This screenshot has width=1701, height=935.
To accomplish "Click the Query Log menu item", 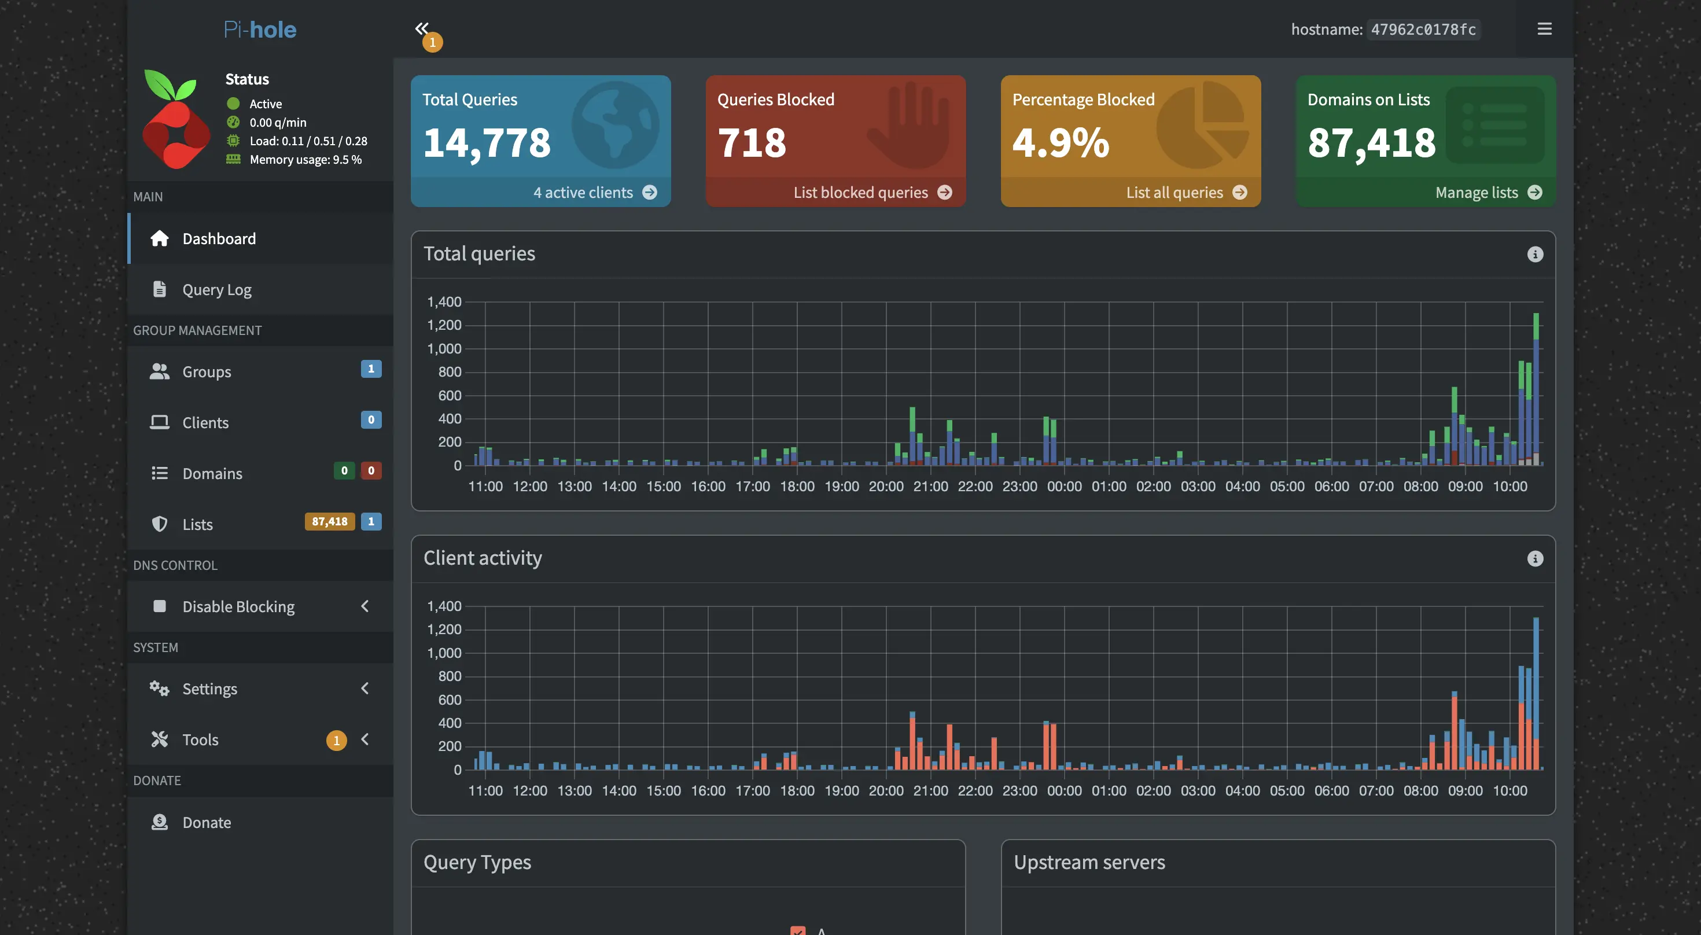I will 216,290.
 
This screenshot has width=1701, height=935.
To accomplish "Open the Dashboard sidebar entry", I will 219,239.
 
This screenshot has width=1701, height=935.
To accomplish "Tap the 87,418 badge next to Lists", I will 330,522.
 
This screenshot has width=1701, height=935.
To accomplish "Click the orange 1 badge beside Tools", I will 336,740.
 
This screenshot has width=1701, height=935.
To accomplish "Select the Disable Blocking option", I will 238,607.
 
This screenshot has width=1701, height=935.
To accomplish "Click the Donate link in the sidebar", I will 206,823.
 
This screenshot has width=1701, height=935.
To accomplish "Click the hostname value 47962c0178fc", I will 1423,30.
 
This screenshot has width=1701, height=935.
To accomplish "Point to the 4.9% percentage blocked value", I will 1061,143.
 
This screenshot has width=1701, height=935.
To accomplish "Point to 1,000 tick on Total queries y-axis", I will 444,349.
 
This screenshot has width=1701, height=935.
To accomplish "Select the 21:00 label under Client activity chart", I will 930,791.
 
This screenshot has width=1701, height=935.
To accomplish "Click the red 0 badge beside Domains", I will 370,471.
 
